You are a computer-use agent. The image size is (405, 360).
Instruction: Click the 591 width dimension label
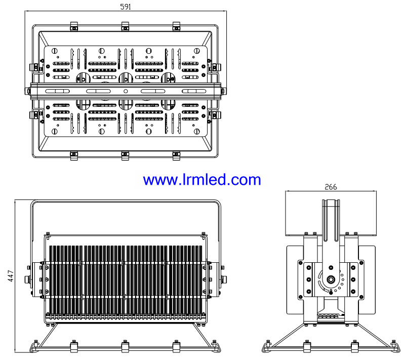126,7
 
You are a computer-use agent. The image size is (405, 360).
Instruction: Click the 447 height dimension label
11,276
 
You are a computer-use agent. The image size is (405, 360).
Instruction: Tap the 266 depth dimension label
331,187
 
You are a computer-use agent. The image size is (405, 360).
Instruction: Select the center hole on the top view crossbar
126,91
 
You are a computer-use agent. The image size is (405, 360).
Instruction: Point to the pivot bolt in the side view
331,279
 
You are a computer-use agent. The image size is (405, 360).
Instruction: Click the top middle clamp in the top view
125,26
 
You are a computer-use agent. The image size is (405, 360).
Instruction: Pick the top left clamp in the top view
74,26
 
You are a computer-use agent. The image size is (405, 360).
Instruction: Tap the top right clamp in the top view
176,26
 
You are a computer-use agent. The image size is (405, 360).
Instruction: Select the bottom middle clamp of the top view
125,156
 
